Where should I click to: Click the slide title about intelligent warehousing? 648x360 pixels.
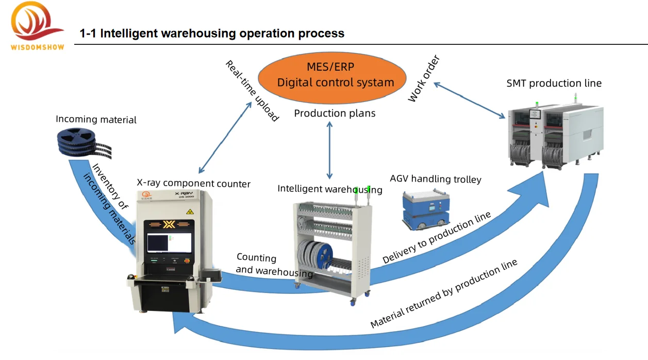tap(212, 34)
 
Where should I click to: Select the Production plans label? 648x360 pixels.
tap(335, 113)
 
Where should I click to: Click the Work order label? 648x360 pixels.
tap(424, 78)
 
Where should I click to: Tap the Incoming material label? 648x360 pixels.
tap(96, 120)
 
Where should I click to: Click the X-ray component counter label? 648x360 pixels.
tap(193, 183)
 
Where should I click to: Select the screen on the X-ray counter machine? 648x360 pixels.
tap(169, 242)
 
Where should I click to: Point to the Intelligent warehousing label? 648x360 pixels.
tap(330, 189)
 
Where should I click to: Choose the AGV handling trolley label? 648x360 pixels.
tap(435, 179)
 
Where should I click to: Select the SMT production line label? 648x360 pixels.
tap(554, 83)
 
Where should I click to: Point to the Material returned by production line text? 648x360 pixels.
tap(443, 294)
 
